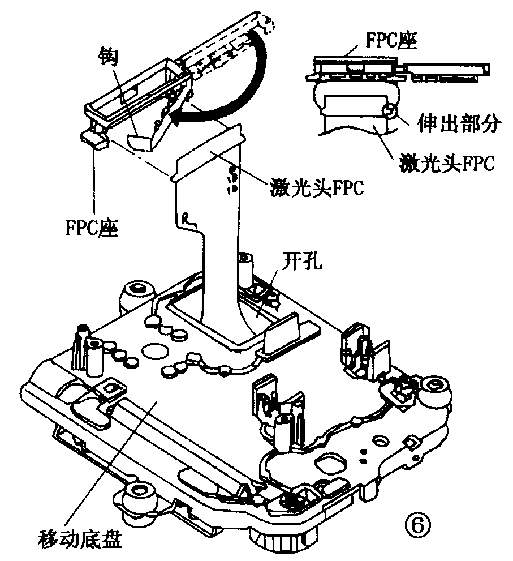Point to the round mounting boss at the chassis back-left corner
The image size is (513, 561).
click(x=137, y=292)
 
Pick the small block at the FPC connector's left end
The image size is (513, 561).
click(x=95, y=138)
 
